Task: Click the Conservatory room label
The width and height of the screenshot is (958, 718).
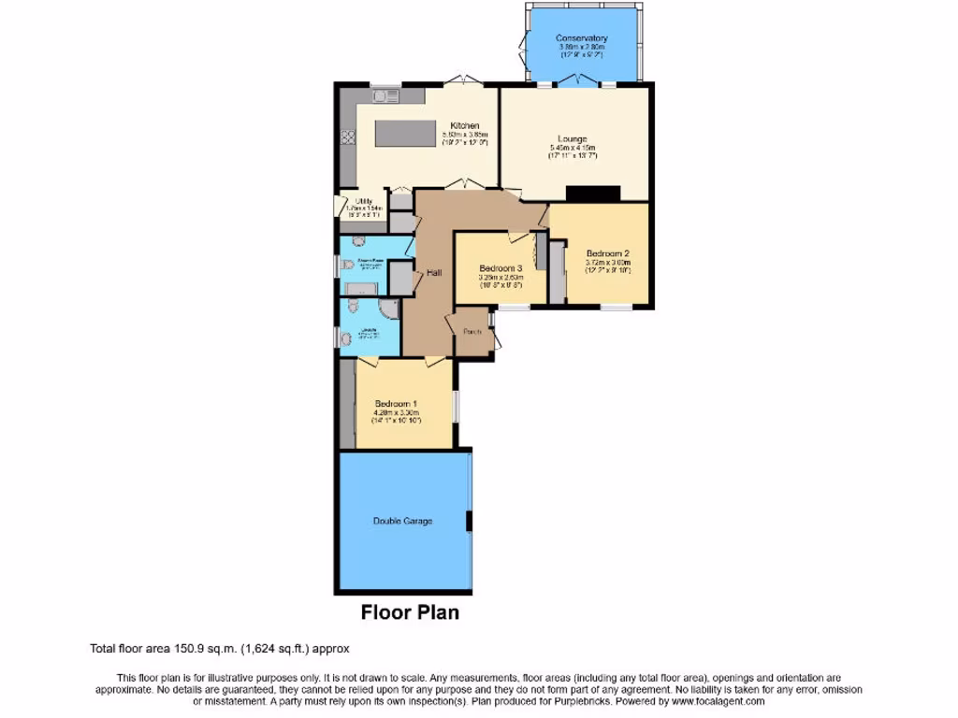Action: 581,38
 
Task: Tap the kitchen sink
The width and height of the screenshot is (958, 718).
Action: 385,94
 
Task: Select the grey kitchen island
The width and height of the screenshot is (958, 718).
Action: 406,133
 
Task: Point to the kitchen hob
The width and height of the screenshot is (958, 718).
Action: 347,136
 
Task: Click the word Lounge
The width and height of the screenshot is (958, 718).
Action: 569,139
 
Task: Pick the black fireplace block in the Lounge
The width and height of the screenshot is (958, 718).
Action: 593,194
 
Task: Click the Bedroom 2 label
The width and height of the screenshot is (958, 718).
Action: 607,253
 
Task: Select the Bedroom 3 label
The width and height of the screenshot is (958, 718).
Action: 498,267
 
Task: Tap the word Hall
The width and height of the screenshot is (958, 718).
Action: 434,273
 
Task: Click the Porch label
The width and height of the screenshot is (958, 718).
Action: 473,331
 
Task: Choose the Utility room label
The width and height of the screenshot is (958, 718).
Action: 363,200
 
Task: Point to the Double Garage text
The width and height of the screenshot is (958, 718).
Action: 402,521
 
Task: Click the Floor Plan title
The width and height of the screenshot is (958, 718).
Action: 410,613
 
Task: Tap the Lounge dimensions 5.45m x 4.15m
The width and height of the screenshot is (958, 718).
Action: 573,149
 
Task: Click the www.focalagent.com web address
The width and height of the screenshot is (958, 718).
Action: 718,701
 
